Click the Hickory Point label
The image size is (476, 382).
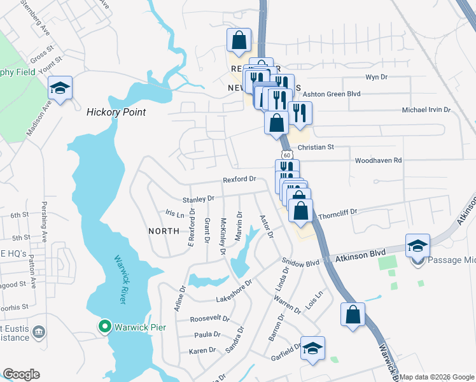(x=116, y=112)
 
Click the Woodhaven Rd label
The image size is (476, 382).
(x=378, y=160)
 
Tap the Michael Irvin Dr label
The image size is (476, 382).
(x=426, y=110)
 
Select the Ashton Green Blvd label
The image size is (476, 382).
(x=331, y=94)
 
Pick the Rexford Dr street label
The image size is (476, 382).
(x=239, y=180)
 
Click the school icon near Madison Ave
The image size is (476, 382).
(x=60, y=89)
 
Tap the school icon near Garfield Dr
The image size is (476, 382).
(x=312, y=348)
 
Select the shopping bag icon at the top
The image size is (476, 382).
(x=239, y=40)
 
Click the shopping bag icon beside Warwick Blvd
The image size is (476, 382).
(x=353, y=314)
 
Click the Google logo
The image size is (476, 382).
(x=21, y=374)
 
